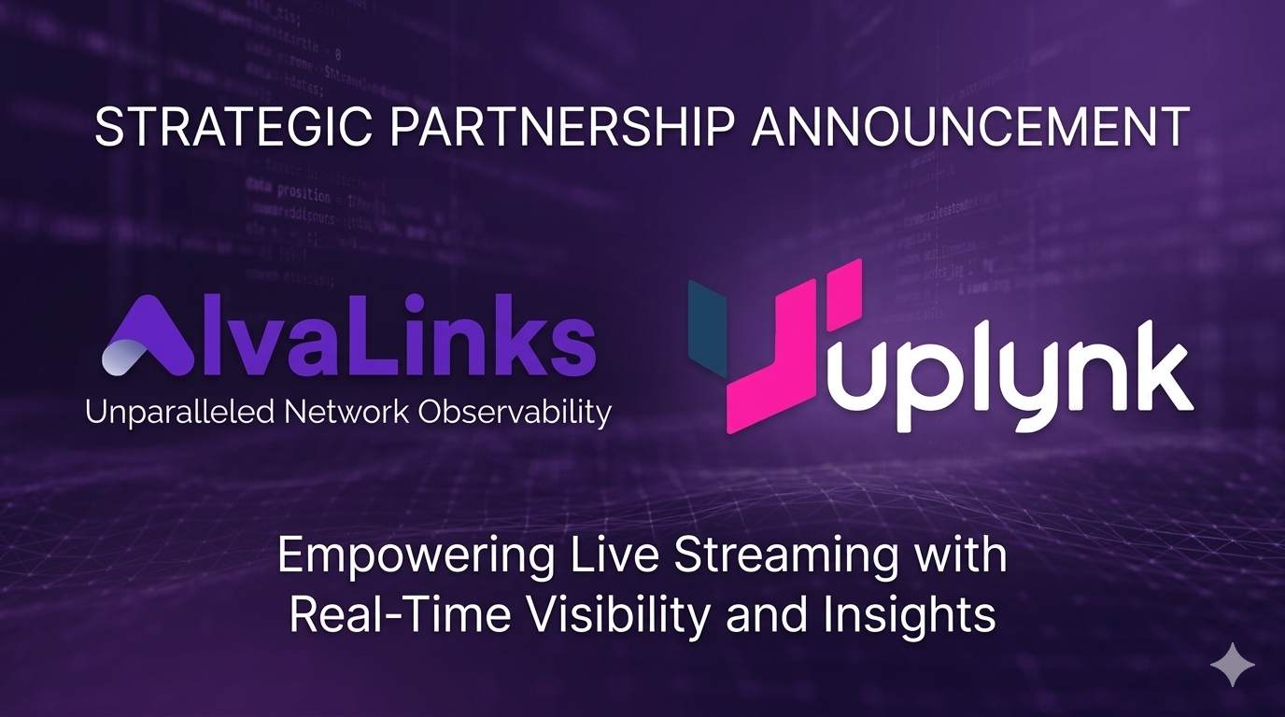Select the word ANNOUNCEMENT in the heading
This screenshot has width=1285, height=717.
click(x=970, y=128)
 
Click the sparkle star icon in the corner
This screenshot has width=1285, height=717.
click(x=1233, y=664)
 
